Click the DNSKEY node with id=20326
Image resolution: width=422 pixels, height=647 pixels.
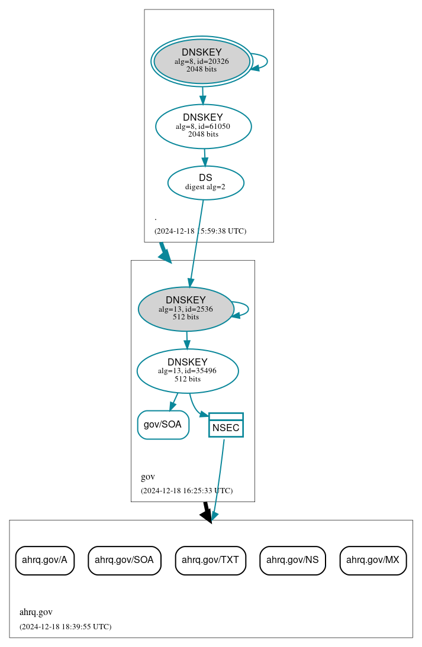click(202, 62)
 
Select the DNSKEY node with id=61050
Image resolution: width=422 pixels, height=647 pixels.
click(203, 126)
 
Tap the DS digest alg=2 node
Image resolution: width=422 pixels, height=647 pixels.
click(205, 182)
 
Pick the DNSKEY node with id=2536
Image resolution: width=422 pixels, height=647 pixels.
click(186, 309)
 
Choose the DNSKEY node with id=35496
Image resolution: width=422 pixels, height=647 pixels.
click(187, 371)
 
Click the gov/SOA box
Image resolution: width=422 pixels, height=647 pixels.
click(163, 425)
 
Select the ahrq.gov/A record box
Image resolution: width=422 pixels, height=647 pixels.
click(44, 559)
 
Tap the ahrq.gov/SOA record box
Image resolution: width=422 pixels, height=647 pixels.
click(124, 559)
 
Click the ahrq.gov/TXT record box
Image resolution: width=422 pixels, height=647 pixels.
click(210, 559)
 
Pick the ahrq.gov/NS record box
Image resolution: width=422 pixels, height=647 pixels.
click(292, 559)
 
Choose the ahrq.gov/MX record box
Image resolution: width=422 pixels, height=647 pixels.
click(373, 559)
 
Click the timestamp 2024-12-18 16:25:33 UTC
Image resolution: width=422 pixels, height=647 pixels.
click(186, 491)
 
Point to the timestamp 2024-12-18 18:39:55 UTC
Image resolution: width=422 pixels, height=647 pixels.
click(65, 627)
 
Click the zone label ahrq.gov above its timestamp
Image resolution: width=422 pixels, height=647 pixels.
click(36, 612)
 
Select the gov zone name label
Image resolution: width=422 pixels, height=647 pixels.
click(148, 477)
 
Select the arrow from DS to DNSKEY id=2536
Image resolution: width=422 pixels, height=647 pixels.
click(196, 242)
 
